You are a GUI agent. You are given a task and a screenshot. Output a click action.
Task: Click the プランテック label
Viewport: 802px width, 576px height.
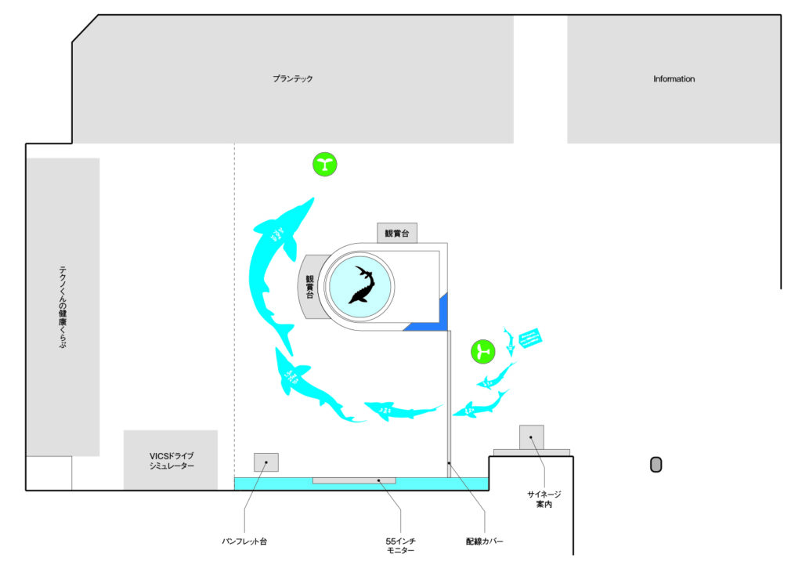(x=293, y=79)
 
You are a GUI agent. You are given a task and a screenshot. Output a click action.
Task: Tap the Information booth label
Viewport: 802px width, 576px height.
(x=674, y=79)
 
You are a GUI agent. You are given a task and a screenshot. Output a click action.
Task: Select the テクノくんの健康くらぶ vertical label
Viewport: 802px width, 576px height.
(x=63, y=306)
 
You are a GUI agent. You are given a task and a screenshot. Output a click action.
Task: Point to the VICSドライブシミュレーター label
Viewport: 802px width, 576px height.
(x=171, y=461)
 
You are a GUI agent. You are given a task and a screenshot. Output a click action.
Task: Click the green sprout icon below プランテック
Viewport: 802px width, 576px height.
(x=325, y=165)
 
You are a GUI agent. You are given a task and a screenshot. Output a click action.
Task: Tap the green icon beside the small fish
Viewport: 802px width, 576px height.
(x=483, y=351)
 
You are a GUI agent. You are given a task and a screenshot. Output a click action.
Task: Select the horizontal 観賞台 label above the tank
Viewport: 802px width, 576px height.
(x=397, y=234)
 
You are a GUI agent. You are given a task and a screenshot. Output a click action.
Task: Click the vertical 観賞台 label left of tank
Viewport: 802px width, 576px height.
(x=310, y=287)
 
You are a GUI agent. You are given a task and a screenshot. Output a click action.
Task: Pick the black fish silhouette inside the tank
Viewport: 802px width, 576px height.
(x=362, y=284)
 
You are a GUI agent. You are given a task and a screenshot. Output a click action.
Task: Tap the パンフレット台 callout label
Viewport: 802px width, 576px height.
(x=244, y=541)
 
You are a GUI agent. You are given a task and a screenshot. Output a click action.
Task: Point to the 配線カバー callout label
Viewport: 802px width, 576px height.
(x=484, y=541)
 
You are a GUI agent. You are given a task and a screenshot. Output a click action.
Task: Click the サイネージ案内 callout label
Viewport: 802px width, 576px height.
(x=544, y=499)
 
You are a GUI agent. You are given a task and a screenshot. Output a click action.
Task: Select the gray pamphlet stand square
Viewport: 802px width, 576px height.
(x=266, y=462)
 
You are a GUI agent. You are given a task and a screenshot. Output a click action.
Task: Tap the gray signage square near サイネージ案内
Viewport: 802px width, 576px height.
(x=531, y=437)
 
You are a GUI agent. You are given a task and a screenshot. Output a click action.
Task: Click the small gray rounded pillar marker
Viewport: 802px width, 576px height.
(x=656, y=465)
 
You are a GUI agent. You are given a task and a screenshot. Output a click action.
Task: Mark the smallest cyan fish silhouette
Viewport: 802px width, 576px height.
(x=509, y=340)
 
